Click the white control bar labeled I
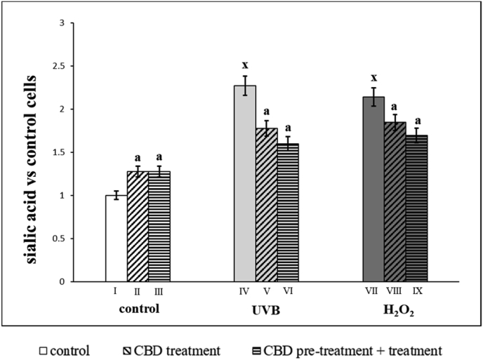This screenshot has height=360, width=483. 117,239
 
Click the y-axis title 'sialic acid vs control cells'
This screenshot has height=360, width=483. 32,150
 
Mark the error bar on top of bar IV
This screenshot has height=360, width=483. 245,85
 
